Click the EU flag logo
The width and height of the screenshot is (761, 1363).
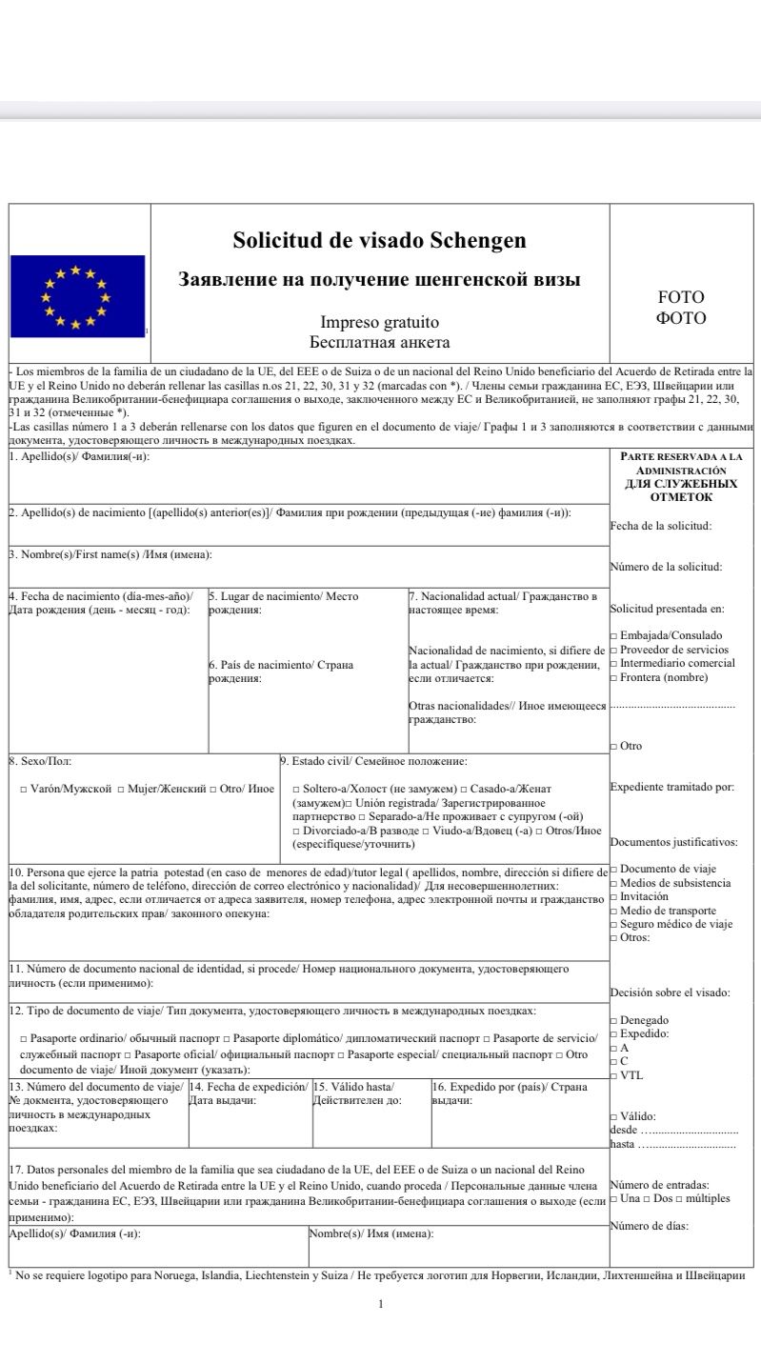(x=77, y=296)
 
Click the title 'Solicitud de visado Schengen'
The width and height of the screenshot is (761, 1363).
(x=379, y=240)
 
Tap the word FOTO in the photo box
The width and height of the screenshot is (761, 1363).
(x=681, y=297)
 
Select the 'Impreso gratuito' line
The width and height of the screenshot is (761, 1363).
(x=379, y=323)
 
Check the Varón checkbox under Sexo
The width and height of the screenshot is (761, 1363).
(x=23, y=790)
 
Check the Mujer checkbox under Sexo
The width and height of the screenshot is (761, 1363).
(x=121, y=790)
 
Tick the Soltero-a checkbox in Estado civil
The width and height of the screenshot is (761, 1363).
(x=296, y=790)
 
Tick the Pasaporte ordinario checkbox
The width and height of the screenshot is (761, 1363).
(x=23, y=1037)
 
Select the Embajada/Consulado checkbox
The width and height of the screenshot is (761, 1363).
(x=613, y=635)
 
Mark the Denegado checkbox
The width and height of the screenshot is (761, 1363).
(x=613, y=1020)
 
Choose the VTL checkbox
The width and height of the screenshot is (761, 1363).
(x=613, y=1075)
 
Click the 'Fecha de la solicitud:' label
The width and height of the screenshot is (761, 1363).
(x=660, y=525)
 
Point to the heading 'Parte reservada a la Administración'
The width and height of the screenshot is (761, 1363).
(x=681, y=463)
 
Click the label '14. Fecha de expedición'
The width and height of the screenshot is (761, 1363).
(x=249, y=1087)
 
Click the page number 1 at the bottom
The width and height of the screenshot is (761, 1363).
(x=380, y=1304)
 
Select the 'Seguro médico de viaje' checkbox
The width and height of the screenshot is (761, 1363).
(x=613, y=924)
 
